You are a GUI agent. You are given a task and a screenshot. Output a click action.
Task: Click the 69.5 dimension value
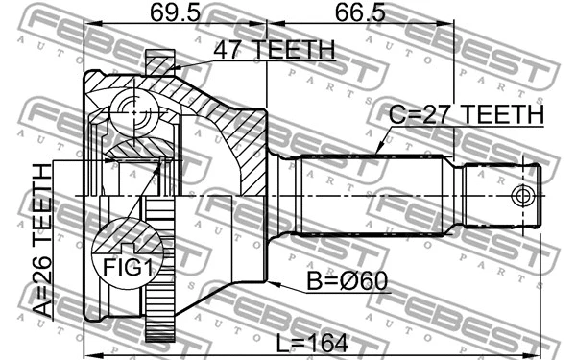coord(175,13)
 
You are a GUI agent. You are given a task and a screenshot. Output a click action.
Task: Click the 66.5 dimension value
coord(360,13)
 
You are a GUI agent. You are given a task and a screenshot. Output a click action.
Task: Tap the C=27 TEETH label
coord(466,115)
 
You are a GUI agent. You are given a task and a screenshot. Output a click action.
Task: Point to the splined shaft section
coord(374,196)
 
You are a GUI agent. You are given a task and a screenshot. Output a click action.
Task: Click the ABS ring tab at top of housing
coord(159,62)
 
